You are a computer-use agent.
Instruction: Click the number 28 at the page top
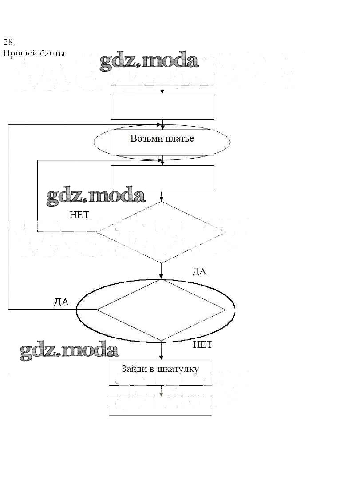9,43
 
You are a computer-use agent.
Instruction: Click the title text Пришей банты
34,54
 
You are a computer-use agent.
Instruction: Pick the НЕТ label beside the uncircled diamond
79,215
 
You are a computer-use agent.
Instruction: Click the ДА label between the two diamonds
199,272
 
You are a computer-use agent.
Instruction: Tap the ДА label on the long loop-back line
61,302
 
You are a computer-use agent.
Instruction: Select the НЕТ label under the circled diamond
202,345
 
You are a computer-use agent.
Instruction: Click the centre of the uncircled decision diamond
161,232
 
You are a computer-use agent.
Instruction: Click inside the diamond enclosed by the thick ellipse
161,310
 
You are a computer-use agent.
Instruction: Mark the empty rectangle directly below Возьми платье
162,178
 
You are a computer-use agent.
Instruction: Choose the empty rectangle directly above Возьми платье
162,107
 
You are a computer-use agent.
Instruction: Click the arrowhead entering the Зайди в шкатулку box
161,358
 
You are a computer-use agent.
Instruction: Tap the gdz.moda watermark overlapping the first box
149,62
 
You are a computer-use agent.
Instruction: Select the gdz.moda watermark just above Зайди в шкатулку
70,351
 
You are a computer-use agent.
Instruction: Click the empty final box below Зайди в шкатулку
160,406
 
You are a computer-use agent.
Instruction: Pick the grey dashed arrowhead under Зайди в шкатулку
161,394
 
